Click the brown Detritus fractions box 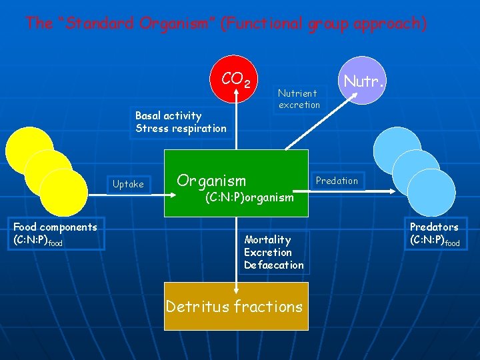click(236, 307)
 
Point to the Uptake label click(128, 184)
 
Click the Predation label click(337, 181)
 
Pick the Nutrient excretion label click(299, 99)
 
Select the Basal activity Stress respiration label click(181, 122)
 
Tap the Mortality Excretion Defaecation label click(273, 253)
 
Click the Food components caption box click(55, 234)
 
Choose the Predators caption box click(435, 234)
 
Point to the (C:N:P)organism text click(249, 198)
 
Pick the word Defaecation click(273, 265)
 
